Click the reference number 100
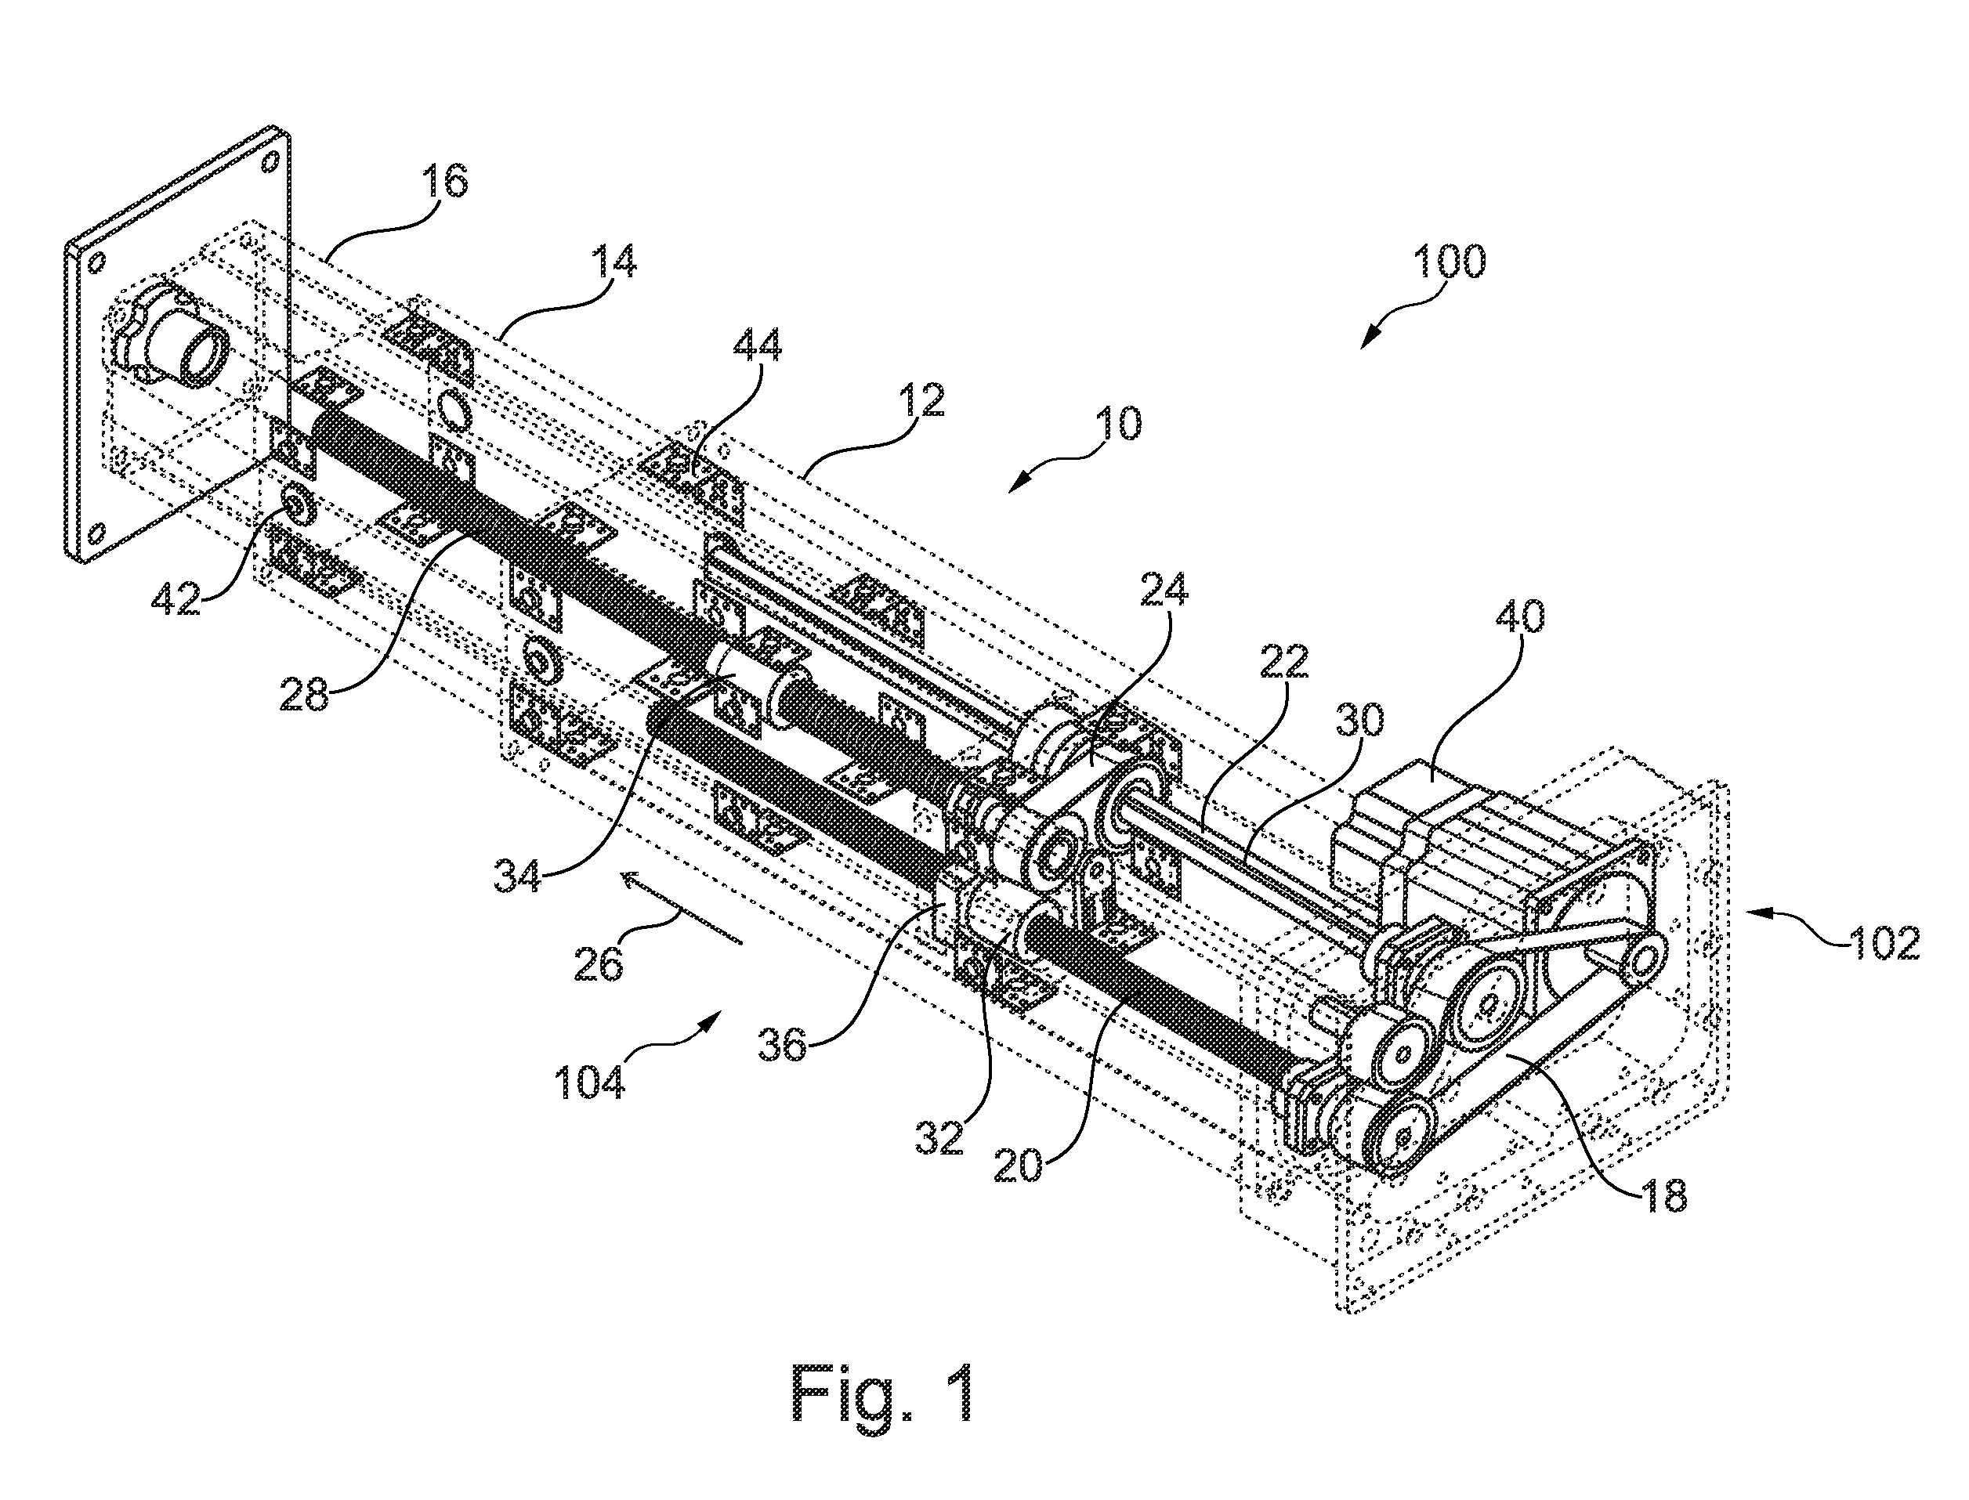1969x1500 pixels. pyautogui.click(x=1450, y=262)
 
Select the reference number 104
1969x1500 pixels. pyautogui.click(x=588, y=1083)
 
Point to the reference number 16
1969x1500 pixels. pyautogui.click(x=443, y=181)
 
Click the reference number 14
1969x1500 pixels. pyautogui.click(x=615, y=262)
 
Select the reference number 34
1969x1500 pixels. pyautogui.click(x=517, y=874)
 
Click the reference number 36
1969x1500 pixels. pyautogui.click(x=782, y=1042)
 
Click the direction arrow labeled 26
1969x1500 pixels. pyautogui.click(x=682, y=907)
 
